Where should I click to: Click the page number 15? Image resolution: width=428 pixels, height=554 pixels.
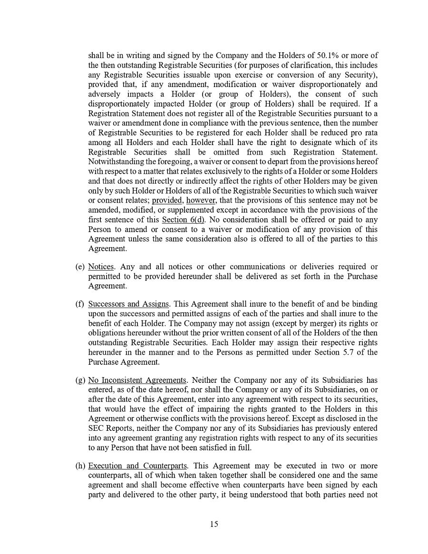(214, 524)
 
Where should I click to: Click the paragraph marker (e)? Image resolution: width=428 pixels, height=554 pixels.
(80, 267)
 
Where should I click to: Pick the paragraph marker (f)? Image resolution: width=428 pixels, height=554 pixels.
(80, 304)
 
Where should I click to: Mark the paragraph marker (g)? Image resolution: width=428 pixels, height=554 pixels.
(80, 380)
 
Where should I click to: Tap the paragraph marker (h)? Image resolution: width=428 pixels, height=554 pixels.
(80, 466)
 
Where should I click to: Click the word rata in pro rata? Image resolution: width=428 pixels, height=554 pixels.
(371, 133)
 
